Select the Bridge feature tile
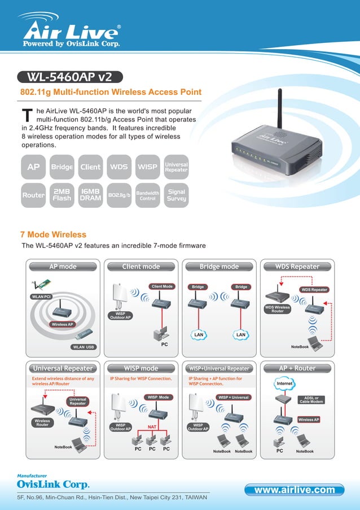coord(62,167)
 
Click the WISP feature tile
coord(147,167)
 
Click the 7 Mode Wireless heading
coord(53,234)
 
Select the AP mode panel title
coord(63,267)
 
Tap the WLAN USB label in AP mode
coord(83,347)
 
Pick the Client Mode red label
coord(161,286)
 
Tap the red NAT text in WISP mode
coord(152,426)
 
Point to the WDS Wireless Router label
coord(278,308)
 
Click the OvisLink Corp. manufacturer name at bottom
coord(53,484)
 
